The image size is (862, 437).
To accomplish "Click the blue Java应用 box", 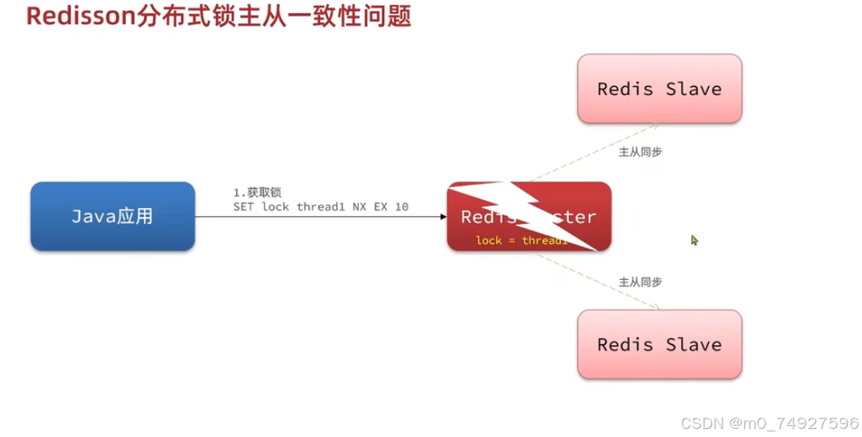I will (112, 216).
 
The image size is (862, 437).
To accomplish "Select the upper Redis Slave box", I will (659, 89).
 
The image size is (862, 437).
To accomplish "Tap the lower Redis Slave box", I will (659, 344).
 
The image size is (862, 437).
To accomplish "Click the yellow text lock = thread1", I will (520, 240).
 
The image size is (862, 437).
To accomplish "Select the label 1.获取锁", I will (256, 193).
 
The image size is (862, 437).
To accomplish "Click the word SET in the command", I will (242, 207).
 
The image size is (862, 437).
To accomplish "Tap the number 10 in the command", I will (401, 207).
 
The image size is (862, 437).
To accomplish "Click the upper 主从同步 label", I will (640, 152).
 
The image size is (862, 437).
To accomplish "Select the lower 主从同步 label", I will (640, 282).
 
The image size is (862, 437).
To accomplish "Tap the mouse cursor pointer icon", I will (694, 239).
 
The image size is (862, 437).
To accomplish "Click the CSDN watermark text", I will (769, 423).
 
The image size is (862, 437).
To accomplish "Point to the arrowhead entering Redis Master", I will (442, 216).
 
